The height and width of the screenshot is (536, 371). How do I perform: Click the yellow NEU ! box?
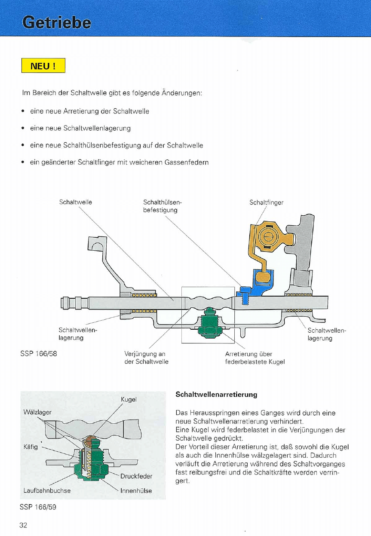(43, 66)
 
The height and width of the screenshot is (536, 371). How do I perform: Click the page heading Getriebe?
(57, 22)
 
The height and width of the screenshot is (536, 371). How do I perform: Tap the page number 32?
(23, 525)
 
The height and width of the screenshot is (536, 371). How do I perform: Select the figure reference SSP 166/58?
(39, 354)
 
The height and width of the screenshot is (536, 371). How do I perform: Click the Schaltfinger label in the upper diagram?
(267, 202)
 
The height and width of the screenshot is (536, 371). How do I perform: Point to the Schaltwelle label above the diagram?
(76, 202)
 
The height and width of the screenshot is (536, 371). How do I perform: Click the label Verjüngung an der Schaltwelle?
(146, 358)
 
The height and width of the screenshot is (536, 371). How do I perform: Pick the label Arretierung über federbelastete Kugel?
(254, 358)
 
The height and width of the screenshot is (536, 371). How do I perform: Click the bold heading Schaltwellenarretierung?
(217, 394)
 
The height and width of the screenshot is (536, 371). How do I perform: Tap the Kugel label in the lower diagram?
(129, 399)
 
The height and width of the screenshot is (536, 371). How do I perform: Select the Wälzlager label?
(37, 412)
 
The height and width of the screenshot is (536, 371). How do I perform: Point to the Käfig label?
(31, 447)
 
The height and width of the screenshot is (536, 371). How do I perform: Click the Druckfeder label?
(136, 476)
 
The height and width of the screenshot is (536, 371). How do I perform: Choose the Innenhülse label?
(136, 490)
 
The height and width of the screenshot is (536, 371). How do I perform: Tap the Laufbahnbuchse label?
(47, 490)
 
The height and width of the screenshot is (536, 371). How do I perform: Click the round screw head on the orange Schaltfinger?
(267, 236)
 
